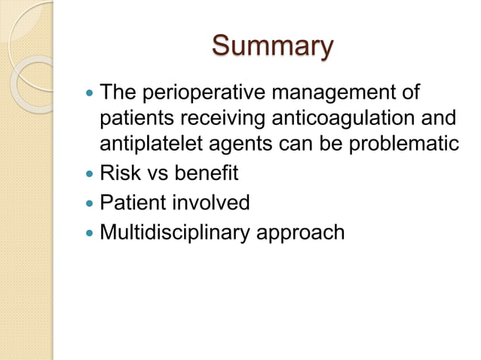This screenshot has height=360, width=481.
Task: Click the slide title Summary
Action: (x=271, y=46)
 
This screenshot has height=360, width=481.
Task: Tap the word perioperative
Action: (x=199, y=95)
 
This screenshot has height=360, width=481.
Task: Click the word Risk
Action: (x=119, y=173)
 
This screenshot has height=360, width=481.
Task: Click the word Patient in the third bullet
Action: (x=133, y=203)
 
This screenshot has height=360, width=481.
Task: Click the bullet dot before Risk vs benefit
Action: (x=90, y=175)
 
